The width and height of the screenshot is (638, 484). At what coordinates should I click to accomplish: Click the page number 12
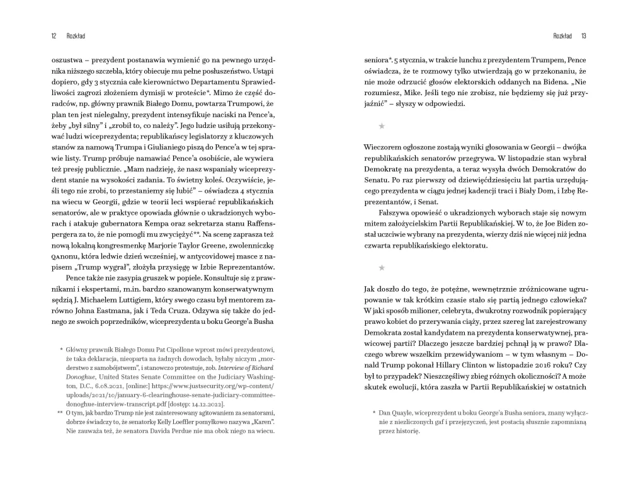54,36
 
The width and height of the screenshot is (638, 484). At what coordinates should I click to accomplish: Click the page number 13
584,36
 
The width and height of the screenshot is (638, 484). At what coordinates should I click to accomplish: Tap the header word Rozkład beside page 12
76,36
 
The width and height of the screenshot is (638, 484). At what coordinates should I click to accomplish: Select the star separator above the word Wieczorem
381,126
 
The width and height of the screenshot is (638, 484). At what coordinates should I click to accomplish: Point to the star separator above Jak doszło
381,267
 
